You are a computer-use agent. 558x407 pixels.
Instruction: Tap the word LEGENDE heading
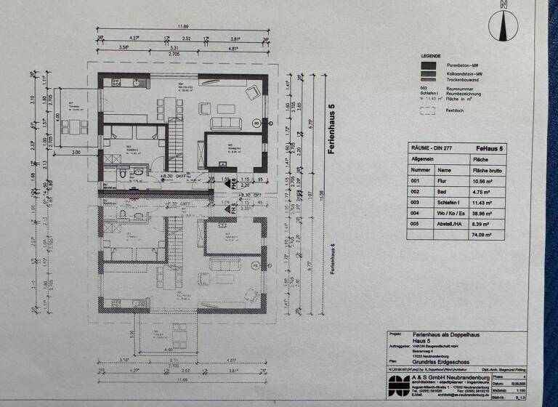click(430, 55)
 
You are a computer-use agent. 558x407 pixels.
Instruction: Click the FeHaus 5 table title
click(490, 148)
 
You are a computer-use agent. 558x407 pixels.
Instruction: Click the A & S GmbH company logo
click(400, 382)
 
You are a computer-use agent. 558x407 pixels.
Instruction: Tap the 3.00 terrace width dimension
click(76, 152)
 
